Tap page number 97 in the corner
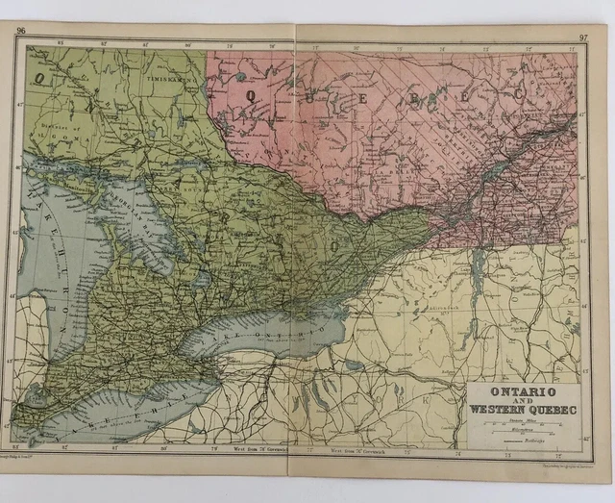pyautogui.click(x=582, y=38)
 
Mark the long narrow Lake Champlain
pyautogui.click(x=478, y=279)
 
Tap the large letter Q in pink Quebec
pyautogui.click(x=252, y=94)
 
